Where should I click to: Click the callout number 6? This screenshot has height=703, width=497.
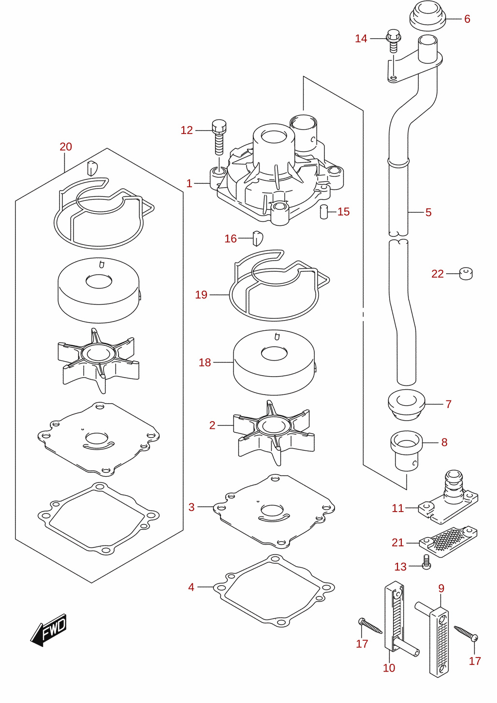[x=467, y=19]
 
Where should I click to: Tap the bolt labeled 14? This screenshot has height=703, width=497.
[x=394, y=41]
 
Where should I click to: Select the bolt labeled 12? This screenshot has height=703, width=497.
[x=219, y=137]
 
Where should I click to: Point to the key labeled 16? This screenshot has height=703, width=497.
[x=257, y=238]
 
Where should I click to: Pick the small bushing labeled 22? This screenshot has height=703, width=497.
[x=466, y=273]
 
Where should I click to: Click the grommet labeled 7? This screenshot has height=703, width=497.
[x=406, y=405]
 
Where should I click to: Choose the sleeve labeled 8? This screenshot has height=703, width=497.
[x=406, y=451]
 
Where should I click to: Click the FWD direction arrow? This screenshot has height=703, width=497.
[x=49, y=630]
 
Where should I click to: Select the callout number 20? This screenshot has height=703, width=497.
[x=66, y=146]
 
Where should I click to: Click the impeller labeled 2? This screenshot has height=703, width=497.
[x=274, y=433]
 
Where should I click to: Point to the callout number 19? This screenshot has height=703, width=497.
[x=201, y=295]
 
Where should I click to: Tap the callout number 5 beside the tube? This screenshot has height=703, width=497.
[x=428, y=212]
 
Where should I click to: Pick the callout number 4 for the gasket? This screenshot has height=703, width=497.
[x=191, y=587]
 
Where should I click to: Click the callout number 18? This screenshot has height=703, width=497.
[x=205, y=363]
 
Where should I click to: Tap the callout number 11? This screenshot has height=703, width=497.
[x=397, y=508]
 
